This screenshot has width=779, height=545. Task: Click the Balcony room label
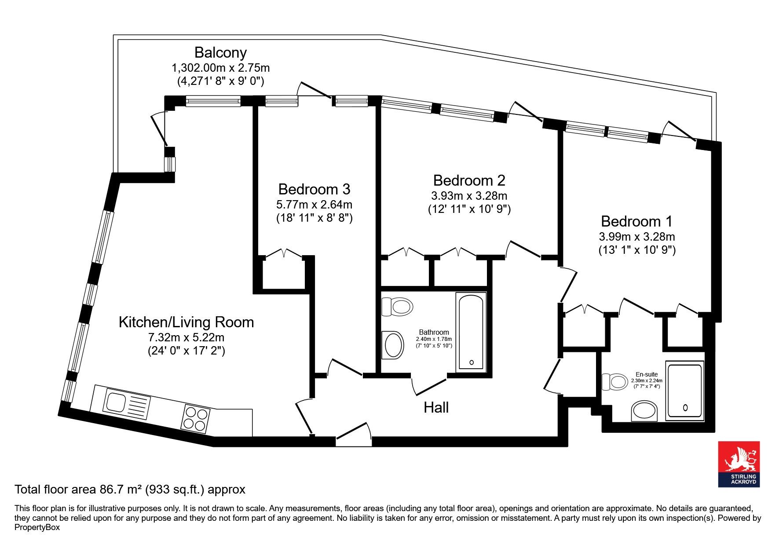(x=220, y=53)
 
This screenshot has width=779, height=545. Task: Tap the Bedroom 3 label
(x=314, y=189)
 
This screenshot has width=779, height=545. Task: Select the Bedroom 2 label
(x=469, y=180)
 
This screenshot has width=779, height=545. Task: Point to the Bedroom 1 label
(x=637, y=221)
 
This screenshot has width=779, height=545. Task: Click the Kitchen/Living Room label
(x=187, y=322)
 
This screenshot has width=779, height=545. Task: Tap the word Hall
(x=436, y=407)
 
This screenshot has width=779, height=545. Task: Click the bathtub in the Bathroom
(x=471, y=331)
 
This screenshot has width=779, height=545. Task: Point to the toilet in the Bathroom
(x=397, y=306)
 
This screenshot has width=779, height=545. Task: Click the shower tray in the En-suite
(x=685, y=390)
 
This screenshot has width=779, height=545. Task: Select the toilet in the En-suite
(x=614, y=382)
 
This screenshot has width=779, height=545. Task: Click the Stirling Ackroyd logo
(x=739, y=464)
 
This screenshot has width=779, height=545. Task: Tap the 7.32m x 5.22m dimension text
(x=186, y=338)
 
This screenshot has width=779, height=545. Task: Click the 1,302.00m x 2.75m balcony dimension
(x=220, y=68)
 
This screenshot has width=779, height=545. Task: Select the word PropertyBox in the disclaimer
(x=37, y=527)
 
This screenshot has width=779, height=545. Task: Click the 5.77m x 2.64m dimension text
(x=314, y=205)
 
